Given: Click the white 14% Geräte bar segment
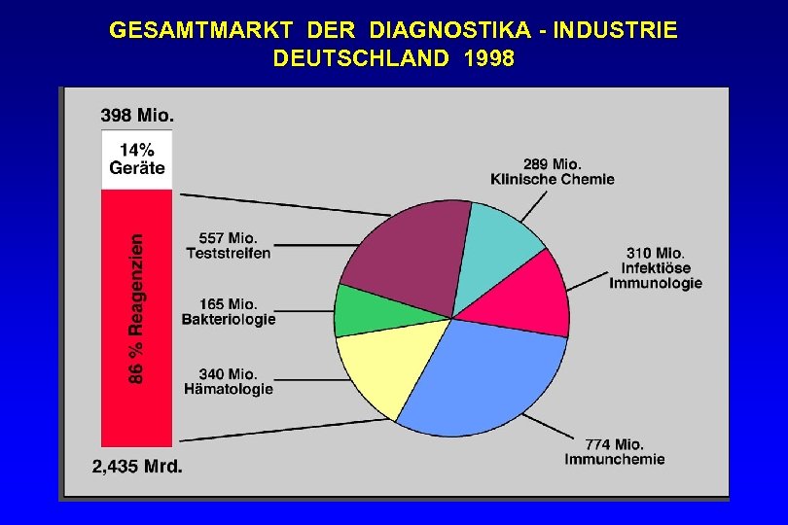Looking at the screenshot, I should [136, 159].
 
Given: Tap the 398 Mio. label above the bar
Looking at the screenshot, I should [137, 115].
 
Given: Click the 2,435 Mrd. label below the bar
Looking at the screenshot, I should [137, 466].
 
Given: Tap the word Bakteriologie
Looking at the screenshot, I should [229, 319].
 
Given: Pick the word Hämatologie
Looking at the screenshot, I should [229, 389].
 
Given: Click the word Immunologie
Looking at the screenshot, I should [656, 283].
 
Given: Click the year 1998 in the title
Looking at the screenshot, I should [489, 58].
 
